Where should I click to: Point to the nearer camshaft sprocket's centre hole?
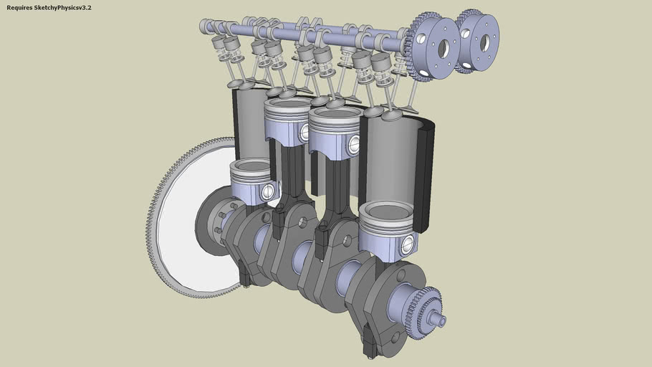coord(444,49)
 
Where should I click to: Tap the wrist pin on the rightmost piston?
coord(408,245)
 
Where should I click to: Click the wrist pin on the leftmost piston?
coord(269,191)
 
